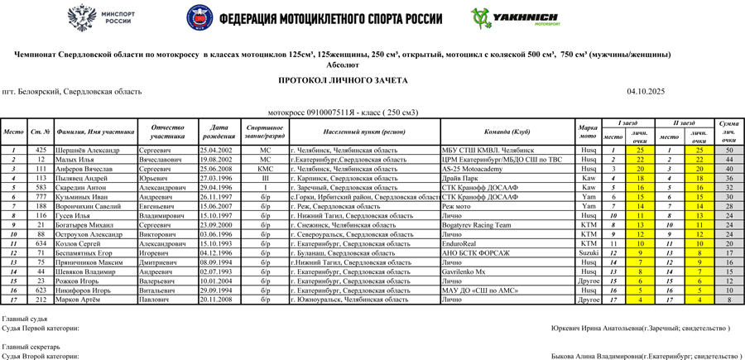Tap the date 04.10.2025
click(646, 92)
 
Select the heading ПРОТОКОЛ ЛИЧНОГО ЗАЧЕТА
click(343, 80)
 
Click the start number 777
click(41, 197)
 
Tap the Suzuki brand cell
click(589, 253)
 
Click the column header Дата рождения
click(219, 132)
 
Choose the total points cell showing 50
click(728, 150)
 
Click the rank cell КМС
click(265, 169)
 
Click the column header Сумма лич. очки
click(728, 132)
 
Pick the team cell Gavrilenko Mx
click(464, 271)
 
